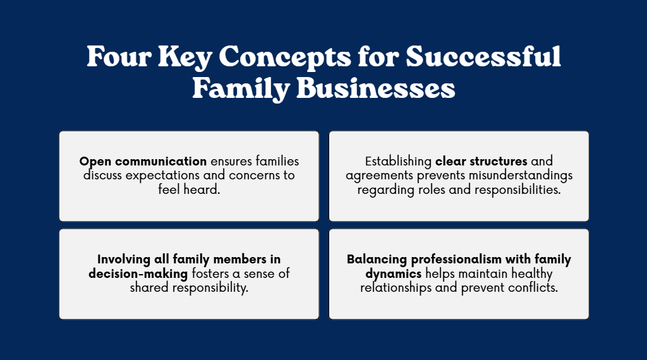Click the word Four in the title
(x=119, y=56)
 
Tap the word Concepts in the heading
(x=285, y=57)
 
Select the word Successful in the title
(x=483, y=56)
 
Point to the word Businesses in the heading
(x=375, y=88)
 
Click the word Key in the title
(x=185, y=57)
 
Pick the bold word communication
(x=161, y=161)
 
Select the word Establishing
(x=398, y=162)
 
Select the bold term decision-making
(x=138, y=274)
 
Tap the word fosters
(x=210, y=273)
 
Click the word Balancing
(x=377, y=260)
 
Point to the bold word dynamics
(x=393, y=274)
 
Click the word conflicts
(x=533, y=287)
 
